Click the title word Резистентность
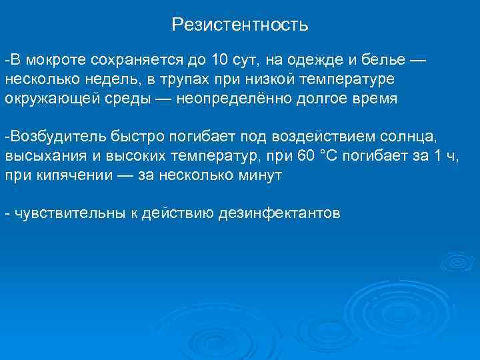(x=240, y=25)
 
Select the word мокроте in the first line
(x=50, y=61)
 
